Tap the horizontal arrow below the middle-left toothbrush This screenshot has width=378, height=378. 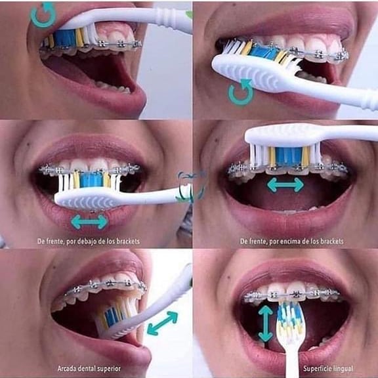pos(89,222)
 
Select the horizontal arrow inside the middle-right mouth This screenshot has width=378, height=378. pos(285,185)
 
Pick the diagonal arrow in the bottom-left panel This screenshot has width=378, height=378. pos(162,324)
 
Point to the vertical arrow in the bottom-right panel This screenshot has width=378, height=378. pos(265,324)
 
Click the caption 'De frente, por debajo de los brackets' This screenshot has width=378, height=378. pos(89,241)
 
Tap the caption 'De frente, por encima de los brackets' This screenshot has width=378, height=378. pos(291,241)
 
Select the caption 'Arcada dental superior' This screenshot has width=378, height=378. pos(89,369)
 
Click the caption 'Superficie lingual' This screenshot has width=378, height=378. pos(328,369)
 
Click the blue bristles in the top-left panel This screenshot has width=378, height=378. pos(65,38)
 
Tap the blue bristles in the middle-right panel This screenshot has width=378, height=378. pos(288,156)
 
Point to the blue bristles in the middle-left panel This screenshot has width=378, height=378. pos(91,179)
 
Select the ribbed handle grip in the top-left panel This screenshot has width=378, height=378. pos(166,16)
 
